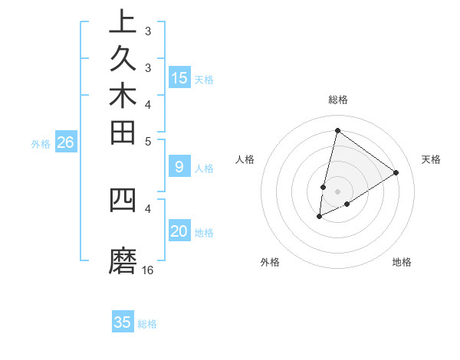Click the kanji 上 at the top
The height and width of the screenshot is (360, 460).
(123, 21)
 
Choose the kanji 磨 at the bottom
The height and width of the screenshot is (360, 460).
(123, 262)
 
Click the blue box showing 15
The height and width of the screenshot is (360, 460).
(179, 77)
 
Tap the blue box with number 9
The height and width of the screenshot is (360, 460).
(179, 166)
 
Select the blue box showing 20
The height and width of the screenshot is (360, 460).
(179, 231)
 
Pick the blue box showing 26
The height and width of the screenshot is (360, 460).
(66, 142)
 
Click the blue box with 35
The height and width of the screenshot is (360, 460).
(123, 322)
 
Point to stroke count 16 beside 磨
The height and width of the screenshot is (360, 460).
(148, 270)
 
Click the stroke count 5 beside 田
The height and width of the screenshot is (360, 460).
(148, 141)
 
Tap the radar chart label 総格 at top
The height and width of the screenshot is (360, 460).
(337, 100)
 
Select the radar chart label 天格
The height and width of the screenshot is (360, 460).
(431, 159)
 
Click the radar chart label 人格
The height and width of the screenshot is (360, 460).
(245, 159)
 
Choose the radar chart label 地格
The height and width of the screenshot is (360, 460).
(402, 262)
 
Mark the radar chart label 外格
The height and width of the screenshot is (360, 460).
(270, 262)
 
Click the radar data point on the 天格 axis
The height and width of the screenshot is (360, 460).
(396, 173)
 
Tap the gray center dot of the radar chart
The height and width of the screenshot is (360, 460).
(337, 191)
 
